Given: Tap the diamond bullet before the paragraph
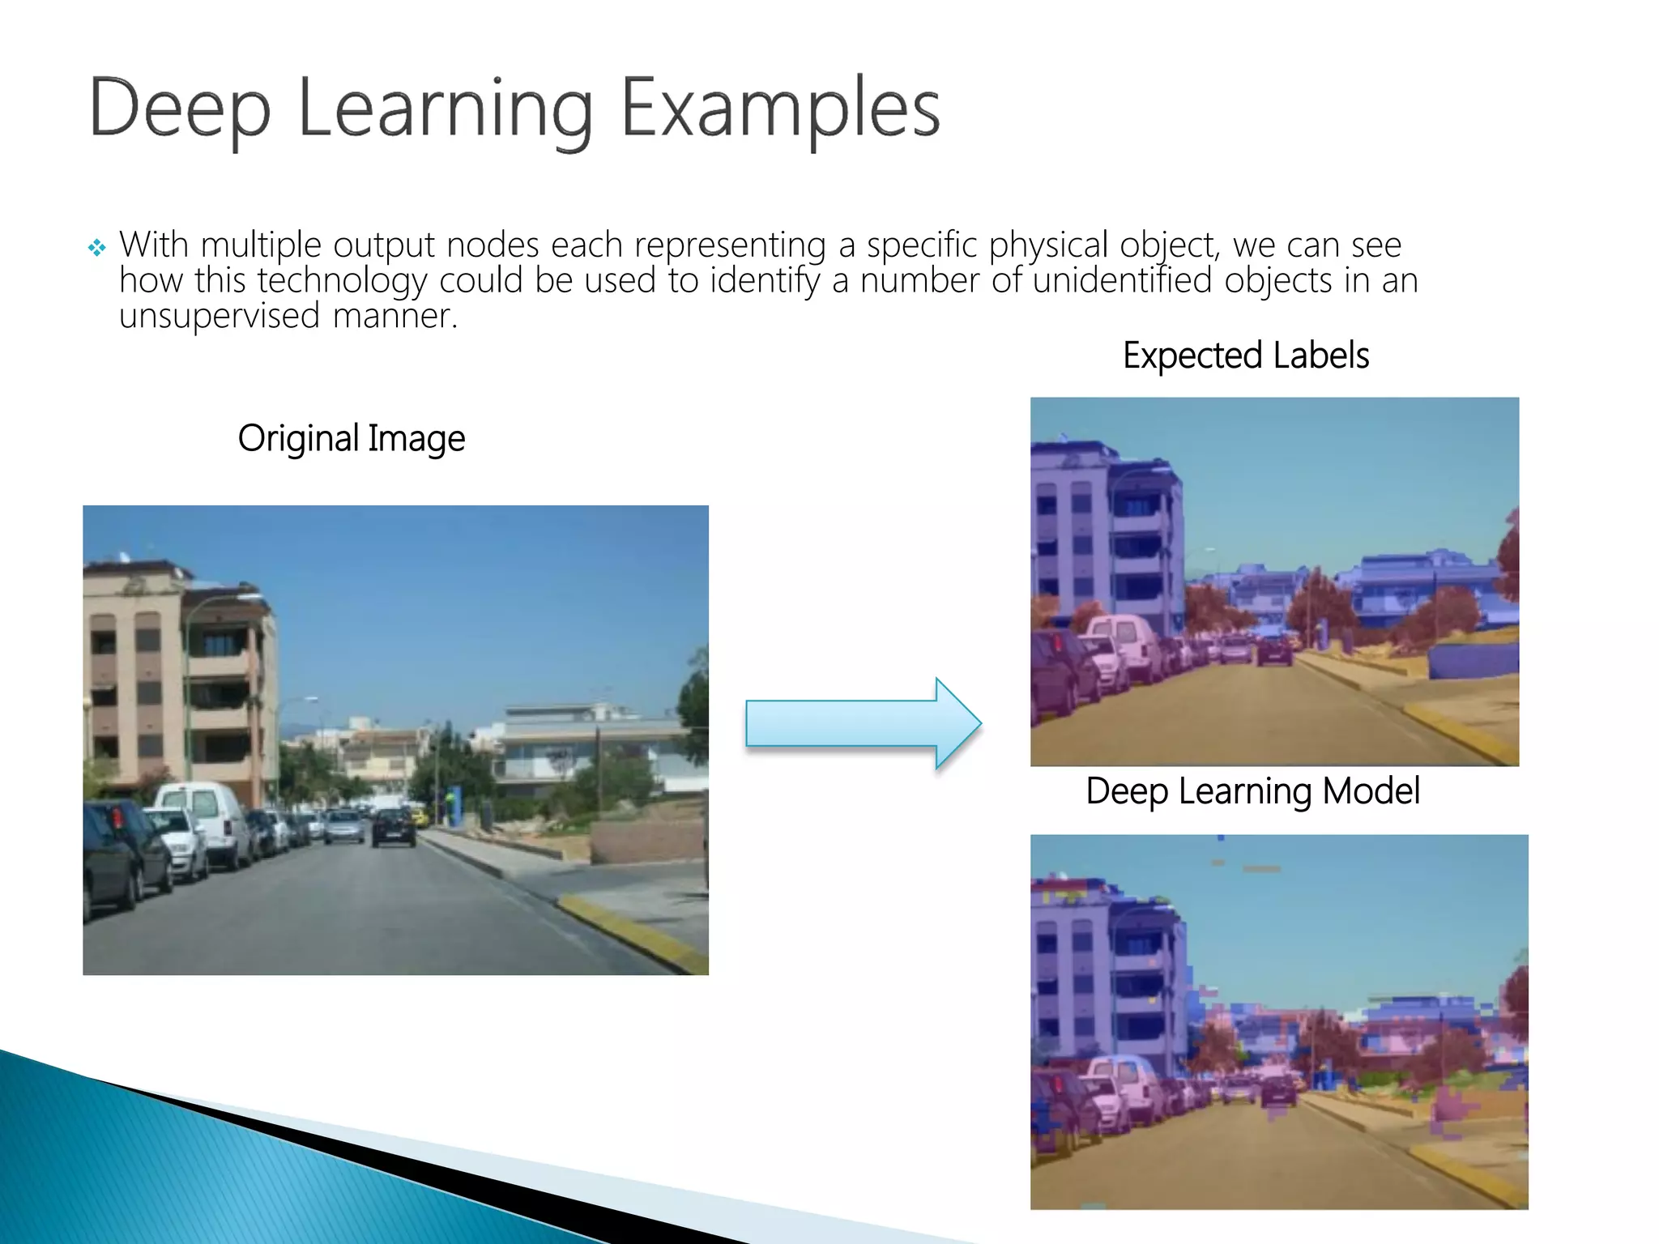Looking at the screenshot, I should click(x=97, y=248).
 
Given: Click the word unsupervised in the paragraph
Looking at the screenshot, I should click(x=220, y=316).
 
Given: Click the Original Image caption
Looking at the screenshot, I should click(x=351, y=438).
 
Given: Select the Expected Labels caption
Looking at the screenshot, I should click(x=1245, y=356).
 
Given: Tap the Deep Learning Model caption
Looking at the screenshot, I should click(x=1252, y=791).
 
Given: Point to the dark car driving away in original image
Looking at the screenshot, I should click(x=394, y=828).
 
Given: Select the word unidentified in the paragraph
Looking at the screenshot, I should click(x=1122, y=281).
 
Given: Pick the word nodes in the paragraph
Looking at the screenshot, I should click(x=493, y=245).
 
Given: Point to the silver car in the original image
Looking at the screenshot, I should click(x=344, y=826).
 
